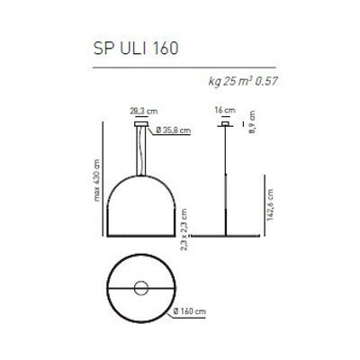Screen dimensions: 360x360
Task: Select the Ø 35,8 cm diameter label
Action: click(174, 131)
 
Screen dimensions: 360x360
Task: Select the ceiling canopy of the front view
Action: click(141, 126)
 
